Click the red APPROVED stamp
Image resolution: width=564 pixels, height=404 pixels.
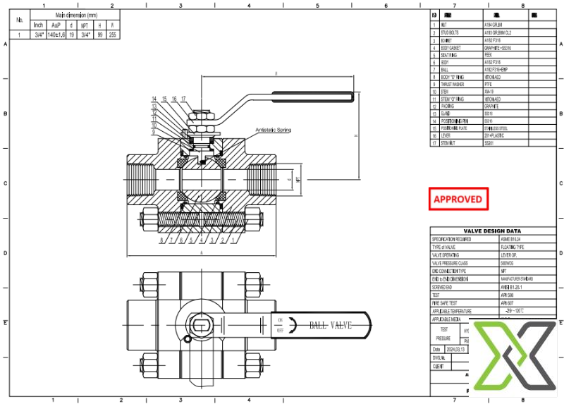(x=458, y=200)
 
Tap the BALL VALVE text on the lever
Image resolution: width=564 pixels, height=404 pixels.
(x=330, y=325)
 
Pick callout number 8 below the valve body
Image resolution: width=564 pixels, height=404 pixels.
(x=162, y=241)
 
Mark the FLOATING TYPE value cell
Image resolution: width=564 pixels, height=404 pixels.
(x=496, y=247)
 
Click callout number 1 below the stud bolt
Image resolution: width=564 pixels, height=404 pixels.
(x=233, y=241)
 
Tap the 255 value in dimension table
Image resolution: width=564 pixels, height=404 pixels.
(x=112, y=35)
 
